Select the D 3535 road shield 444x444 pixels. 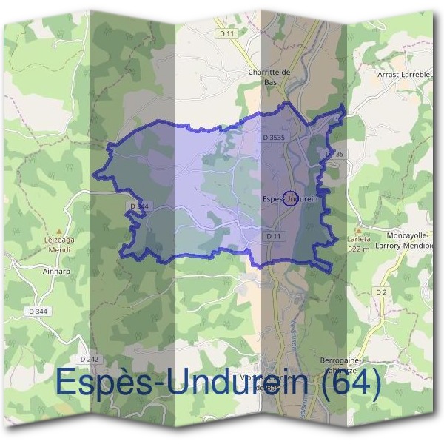pyautogui.click(x=274, y=138)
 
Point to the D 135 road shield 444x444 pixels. pyautogui.click(x=334, y=154)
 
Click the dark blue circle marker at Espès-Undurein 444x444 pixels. pyautogui.click(x=291, y=200)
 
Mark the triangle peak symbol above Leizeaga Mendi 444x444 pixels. pyautogui.click(x=58, y=232)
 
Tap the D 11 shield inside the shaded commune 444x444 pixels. pyautogui.click(x=274, y=235)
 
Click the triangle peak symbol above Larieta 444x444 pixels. pyautogui.click(x=359, y=231)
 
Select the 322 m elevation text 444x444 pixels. pyautogui.click(x=359, y=250)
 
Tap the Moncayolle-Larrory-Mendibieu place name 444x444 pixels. pyautogui.click(x=405, y=240)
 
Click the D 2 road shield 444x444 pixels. pyautogui.click(x=381, y=292)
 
